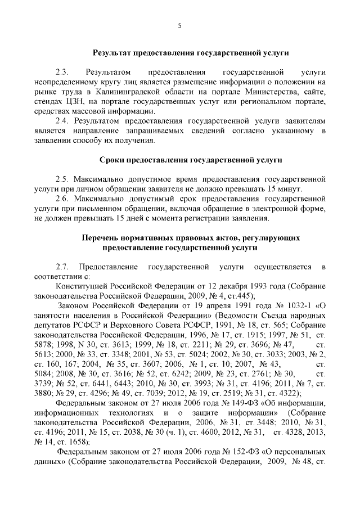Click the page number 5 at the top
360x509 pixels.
[x=179, y=25]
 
